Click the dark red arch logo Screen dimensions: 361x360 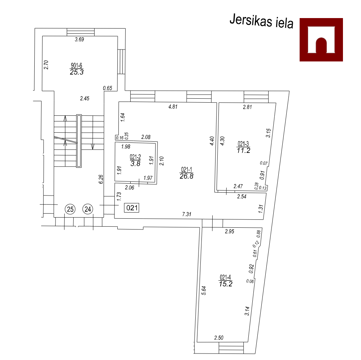(321, 40)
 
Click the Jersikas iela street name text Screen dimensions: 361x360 (261, 21)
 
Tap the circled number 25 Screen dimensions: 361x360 (70, 209)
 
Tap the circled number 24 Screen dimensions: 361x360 (88, 209)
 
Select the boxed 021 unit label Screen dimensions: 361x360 (132, 208)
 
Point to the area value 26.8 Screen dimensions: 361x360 (187, 176)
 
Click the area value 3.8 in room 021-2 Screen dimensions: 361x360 (135, 164)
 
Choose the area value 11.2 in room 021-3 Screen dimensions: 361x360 (243, 150)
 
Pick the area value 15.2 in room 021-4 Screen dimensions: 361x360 (226, 284)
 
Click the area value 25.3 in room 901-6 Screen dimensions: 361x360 (77, 72)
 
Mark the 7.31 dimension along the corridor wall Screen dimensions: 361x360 (187, 214)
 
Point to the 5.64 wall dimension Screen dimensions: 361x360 (204, 290)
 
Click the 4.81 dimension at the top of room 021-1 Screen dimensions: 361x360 (173, 107)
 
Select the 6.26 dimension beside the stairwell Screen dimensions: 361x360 (101, 179)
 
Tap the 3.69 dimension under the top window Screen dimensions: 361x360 (79, 39)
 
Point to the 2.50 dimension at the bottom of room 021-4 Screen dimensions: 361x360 (219, 338)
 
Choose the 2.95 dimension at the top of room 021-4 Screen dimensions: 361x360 (230, 231)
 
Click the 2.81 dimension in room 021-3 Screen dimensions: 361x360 (248, 107)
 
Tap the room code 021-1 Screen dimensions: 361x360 (187, 170)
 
